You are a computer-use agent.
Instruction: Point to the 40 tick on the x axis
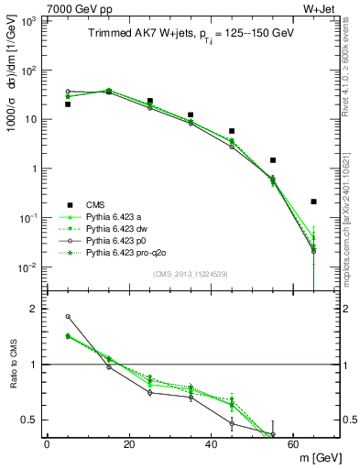point(212,443)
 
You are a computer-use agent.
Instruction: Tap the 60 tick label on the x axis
point(294,443)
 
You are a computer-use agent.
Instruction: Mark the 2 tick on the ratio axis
point(33,309)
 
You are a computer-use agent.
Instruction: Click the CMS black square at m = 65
point(313,202)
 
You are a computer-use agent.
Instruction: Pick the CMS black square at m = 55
point(273,160)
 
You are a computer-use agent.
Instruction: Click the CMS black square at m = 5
point(68,104)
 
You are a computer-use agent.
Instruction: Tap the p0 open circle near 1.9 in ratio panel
point(68,317)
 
